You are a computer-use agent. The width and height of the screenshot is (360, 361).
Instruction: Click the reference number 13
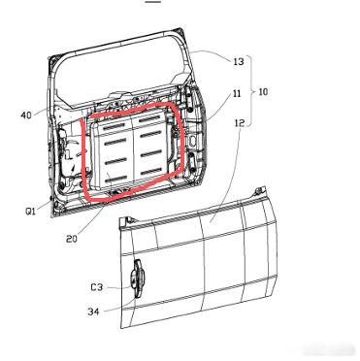(239, 61)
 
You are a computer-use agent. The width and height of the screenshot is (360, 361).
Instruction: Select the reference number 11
(237, 93)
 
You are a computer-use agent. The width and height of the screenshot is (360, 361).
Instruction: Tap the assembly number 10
(263, 92)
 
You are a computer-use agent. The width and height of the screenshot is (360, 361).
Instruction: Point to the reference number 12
(240, 122)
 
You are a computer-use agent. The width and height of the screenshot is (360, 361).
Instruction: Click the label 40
(26, 115)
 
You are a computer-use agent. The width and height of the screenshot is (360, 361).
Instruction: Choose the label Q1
(31, 212)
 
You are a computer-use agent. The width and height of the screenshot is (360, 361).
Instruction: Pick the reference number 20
(72, 239)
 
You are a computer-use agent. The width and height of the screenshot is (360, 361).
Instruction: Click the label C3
(96, 286)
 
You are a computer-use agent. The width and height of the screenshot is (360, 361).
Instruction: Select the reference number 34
(93, 312)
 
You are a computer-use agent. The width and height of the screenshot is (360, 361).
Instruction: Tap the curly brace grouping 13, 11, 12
(251, 91)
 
